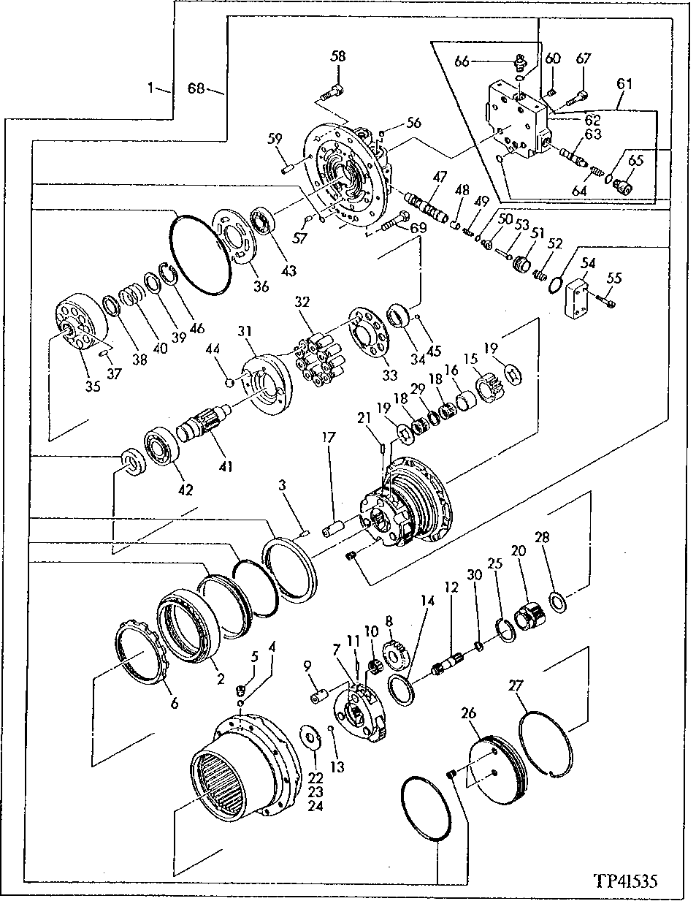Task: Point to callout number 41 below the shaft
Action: click(226, 466)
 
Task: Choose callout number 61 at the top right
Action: click(624, 85)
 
